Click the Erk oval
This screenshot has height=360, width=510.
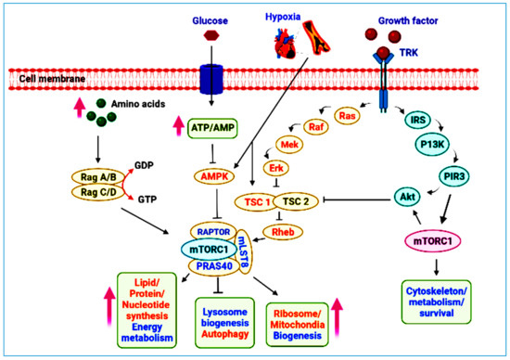click(276, 167)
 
